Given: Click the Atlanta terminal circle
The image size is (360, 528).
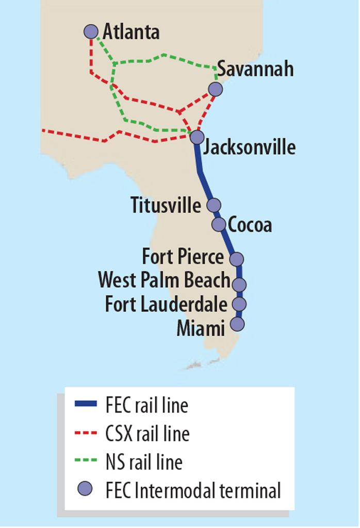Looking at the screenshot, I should [x=91, y=31].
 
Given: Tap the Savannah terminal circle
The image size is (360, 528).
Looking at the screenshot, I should [x=215, y=89].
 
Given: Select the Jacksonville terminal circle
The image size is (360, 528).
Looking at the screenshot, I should [x=197, y=137].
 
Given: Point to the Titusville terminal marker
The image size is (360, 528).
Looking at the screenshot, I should [x=214, y=205].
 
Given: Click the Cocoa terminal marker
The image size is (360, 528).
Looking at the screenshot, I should [x=219, y=224].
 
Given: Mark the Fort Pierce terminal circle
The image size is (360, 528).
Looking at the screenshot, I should [x=236, y=258].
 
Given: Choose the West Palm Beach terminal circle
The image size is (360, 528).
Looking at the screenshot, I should [x=239, y=284].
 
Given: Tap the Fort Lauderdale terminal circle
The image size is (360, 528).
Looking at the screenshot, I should [x=239, y=304].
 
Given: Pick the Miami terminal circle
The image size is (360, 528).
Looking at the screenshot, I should [x=237, y=324].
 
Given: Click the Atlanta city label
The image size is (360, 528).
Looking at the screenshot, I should [x=131, y=32].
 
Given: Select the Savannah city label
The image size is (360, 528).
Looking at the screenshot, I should [x=255, y=69].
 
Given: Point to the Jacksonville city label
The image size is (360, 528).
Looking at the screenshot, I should [x=250, y=147].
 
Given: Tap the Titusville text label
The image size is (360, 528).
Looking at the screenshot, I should [x=165, y=205].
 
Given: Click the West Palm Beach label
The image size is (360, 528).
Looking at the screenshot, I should [x=163, y=280].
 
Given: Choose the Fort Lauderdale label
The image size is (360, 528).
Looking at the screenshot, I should [x=166, y=304].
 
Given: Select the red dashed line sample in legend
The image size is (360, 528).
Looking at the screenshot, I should [x=86, y=433].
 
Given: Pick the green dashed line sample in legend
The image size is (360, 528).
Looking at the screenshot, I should [x=86, y=461].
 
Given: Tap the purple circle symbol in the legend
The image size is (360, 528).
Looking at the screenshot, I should [x=86, y=489].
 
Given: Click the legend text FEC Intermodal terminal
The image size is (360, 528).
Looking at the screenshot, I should [x=193, y=490].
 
